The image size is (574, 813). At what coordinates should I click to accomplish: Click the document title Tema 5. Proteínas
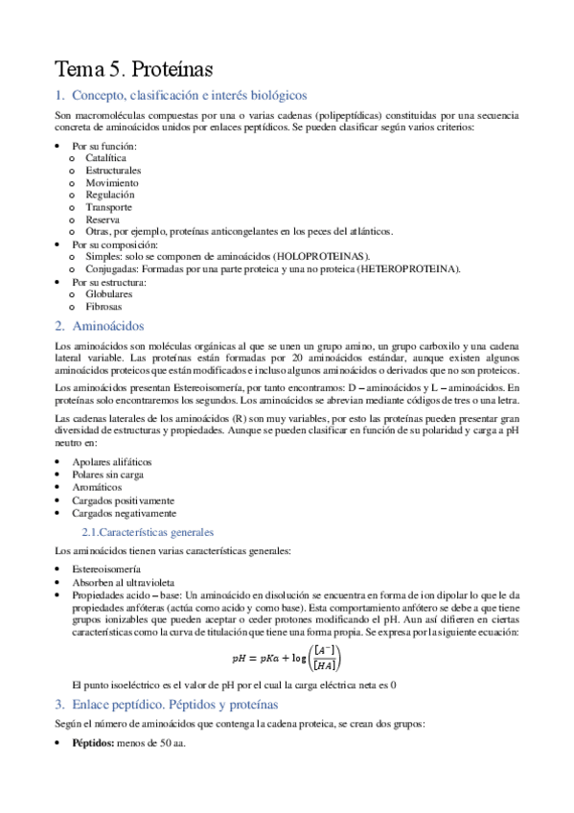pyautogui.click(x=133, y=69)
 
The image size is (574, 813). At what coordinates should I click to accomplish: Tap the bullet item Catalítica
pyautogui.click(x=105, y=157)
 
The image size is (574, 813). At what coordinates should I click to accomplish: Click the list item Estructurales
pyautogui.click(x=112, y=170)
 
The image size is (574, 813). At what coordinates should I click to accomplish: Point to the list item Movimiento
pyautogui.click(x=111, y=182)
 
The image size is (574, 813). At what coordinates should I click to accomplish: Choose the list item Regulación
pyautogui.click(x=109, y=195)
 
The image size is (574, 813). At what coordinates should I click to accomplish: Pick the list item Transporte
pyautogui.click(x=108, y=207)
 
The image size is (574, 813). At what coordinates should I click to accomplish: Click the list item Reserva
pyautogui.click(x=102, y=220)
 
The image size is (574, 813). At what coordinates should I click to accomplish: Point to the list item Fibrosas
pyautogui.click(x=103, y=307)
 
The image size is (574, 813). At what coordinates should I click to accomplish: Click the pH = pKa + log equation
pyautogui.click(x=287, y=659)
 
